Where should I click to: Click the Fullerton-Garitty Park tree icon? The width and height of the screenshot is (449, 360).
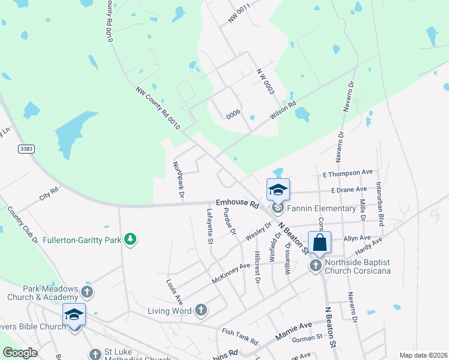pyautogui.click(x=130, y=241)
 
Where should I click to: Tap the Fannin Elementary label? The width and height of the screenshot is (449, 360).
pyautogui.click(x=321, y=209)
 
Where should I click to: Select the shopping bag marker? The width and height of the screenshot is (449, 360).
pyautogui.click(x=319, y=243)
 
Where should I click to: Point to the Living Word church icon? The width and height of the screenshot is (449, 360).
pyautogui.click(x=200, y=310)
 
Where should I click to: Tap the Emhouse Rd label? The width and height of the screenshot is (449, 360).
pyautogui.click(x=237, y=203)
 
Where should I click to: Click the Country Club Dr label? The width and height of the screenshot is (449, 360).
pyautogui.click(x=22, y=224)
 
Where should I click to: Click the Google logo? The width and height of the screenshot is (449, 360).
pyautogui.click(x=20, y=352)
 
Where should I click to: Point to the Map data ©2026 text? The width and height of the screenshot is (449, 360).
pyautogui.click(x=423, y=355)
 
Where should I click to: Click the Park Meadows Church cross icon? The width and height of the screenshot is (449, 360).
pyautogui.click(x=87, y=292)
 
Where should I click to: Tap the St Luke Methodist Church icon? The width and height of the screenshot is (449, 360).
pyautogui.click(x=95, y=355)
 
